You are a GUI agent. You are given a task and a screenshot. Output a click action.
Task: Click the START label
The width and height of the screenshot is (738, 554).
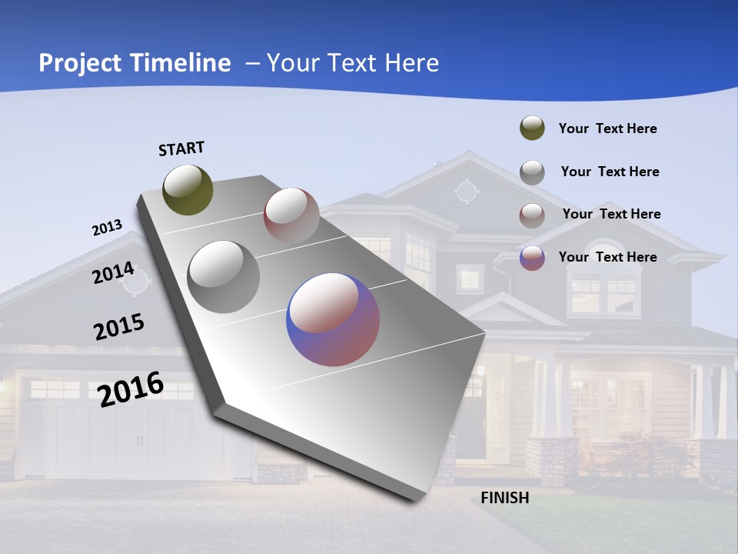click(181, 148)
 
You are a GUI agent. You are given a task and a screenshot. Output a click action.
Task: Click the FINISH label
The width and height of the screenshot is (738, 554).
click(505, 498)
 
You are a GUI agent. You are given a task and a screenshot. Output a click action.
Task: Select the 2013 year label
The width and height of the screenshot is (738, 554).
click(107, 228)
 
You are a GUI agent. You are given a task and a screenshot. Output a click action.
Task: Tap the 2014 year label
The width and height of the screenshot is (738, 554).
click(113, 273)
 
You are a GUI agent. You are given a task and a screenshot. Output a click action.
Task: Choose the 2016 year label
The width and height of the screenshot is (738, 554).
click(131, 389)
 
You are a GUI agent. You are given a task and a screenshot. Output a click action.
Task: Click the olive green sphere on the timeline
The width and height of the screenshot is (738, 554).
click(188, 189)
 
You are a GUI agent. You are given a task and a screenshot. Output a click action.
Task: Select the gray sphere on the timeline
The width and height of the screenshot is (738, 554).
click(223, 277)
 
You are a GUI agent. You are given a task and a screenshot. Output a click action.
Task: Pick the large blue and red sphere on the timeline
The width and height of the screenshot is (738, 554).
click(333, 319)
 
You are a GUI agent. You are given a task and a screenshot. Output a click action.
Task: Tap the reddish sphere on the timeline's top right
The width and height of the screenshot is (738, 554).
click(291, 215)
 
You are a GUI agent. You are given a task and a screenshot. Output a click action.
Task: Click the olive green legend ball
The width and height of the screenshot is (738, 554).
click(532, 128)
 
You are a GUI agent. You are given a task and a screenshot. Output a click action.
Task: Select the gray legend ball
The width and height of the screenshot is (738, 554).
click(532, 172)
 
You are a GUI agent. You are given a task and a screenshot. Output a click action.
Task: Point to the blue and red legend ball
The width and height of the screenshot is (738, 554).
click(532, 258)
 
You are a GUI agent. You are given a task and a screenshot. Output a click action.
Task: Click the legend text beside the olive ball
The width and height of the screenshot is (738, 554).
click(607, 128)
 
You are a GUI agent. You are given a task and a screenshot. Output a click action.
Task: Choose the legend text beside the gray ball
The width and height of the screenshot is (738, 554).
click(610, 172)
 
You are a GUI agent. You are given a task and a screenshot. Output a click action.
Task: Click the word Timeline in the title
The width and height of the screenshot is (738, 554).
click(180, 63)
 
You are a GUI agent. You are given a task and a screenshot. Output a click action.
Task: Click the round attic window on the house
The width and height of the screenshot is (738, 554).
click(466, 190)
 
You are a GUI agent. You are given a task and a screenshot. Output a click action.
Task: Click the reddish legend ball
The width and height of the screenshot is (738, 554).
click(532, 215)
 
